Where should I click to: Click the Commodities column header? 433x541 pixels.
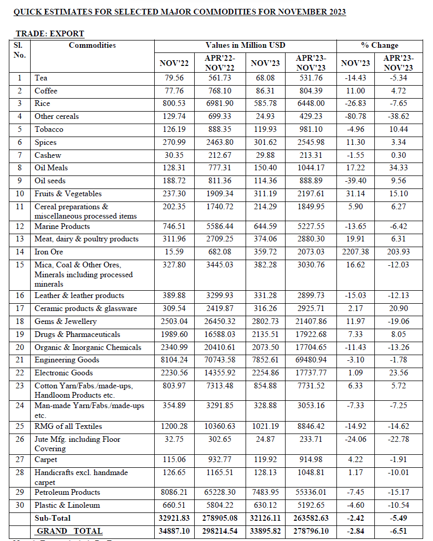point(92,45)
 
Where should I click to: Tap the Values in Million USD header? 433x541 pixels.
point(245,45)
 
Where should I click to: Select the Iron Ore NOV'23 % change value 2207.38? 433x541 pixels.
point(356,252)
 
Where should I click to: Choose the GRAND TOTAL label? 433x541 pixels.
point(70,531)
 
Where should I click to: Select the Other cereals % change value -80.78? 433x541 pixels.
point(356,116)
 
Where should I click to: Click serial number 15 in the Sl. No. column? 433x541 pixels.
point(20,265)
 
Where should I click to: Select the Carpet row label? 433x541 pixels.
point(46,459)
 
